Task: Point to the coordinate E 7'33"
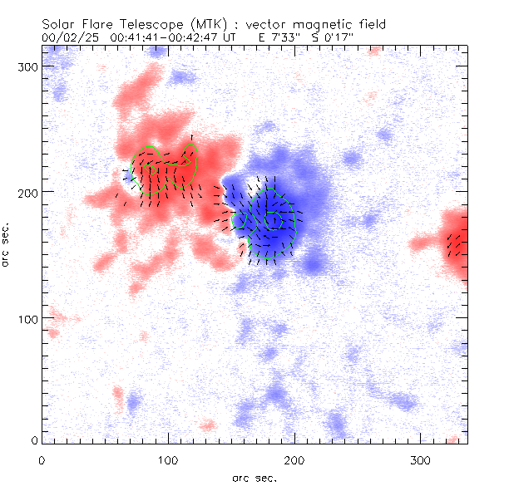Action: (282, 37)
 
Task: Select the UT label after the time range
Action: (230, 37)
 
